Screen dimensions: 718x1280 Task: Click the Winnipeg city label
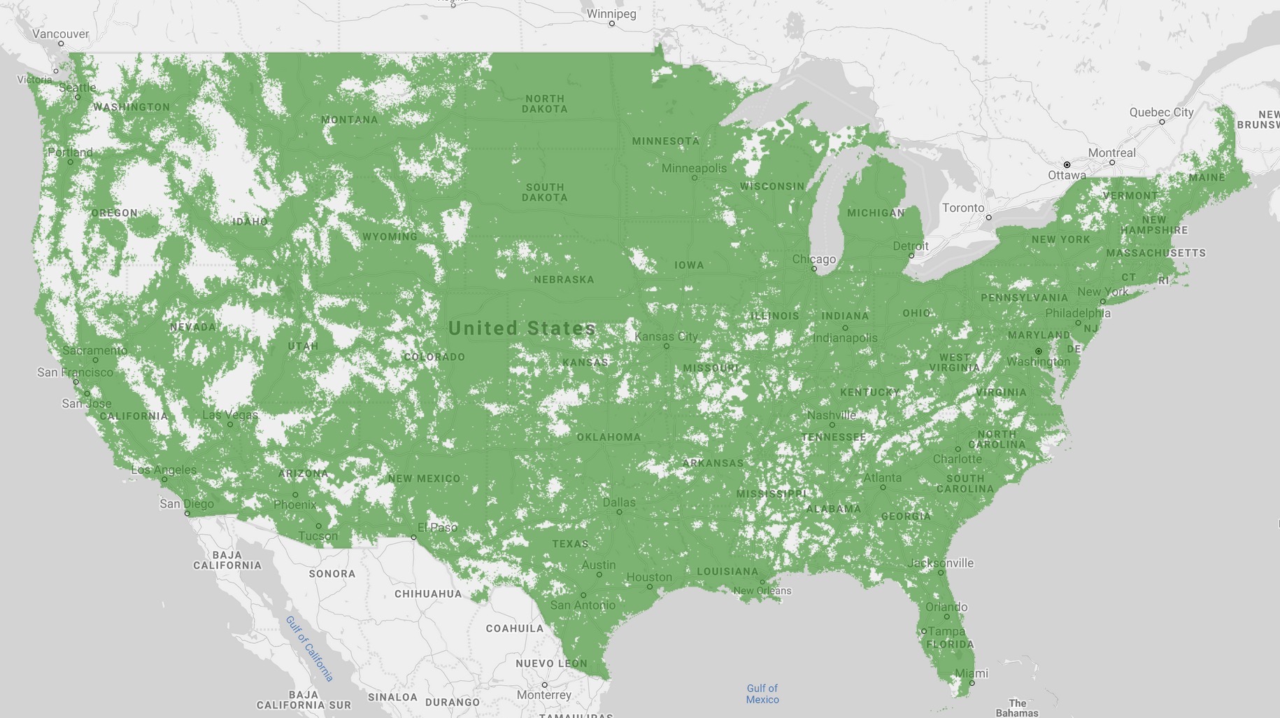coord(611,14)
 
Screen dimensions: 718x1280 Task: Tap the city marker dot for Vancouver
coord(61,43)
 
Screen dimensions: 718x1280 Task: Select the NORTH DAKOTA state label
coord(544,104)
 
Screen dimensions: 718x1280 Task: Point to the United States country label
coord(522,328)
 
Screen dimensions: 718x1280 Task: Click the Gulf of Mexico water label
coord(762,694)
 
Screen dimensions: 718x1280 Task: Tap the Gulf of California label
coord(309,649)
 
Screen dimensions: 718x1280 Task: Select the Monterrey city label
coord(543,695)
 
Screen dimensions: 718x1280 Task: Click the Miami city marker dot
coord(972,683)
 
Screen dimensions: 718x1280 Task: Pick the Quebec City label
coord(1161,112)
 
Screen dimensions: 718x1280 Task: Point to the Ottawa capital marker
coord(1067,164)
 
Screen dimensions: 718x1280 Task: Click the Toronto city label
coord(963,208)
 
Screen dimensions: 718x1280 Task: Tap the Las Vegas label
coord(229,415)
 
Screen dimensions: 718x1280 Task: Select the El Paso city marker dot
coord(413,537)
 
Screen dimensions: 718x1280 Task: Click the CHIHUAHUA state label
coord(428,593)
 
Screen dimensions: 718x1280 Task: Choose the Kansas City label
coord(666,336)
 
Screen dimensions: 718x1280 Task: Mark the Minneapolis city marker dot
coord(695,178)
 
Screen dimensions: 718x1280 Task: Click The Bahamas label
coord(1017,708)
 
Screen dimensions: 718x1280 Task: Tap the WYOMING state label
coord(390,237)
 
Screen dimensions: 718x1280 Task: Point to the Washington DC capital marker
coord(1038,351)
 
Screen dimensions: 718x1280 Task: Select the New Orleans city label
coord(762,591)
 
